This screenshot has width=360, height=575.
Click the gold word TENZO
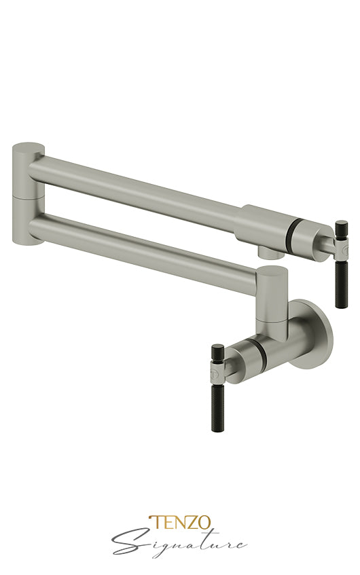(180, 523)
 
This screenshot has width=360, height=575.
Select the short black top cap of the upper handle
(341, 227)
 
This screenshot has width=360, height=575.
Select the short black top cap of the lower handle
(218, 352)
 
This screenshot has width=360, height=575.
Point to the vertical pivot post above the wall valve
(272, 299)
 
